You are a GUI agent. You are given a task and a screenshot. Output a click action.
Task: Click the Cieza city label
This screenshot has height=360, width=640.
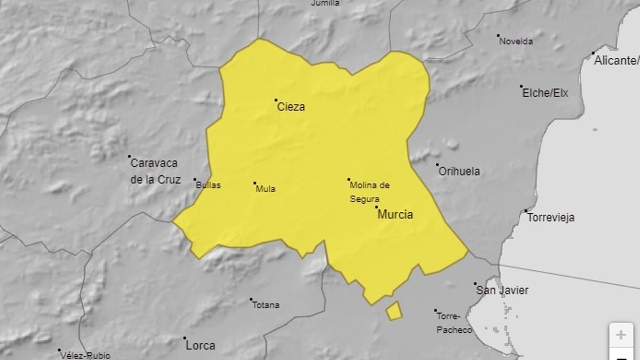click(x=291, y=107)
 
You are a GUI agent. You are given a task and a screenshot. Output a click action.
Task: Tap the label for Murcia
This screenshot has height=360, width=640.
click(x=395, y=214)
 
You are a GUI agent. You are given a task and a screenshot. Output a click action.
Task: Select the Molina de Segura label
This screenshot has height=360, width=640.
click(x=370, y=192)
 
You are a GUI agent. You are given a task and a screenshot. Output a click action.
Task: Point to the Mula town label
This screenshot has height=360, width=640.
click(x=266, y=188)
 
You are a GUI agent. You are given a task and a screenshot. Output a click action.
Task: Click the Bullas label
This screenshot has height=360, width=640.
click(x=209, y=186)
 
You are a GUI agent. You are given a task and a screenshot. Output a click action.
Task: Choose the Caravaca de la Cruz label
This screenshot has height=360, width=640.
click(x=155, y=171)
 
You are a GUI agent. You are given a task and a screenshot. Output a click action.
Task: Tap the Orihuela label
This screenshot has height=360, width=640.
click(x=459, y=171)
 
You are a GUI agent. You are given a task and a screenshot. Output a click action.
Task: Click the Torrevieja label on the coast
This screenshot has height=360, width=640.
click(x=551, y=218)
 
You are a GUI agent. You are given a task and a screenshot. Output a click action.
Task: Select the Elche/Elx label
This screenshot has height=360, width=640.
click(x=545, y=93)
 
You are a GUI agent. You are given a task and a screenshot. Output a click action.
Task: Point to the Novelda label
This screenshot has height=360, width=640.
click(x=516, y=41)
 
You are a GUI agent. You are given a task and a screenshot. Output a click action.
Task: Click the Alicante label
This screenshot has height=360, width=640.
click(x=617, y=60)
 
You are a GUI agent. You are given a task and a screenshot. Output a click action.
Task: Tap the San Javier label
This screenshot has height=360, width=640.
click(x=502, y=290)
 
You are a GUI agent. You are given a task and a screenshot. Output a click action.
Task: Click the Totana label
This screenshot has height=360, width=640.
click(x=266, y=305)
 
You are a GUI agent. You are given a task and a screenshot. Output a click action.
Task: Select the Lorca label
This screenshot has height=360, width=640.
click(x=201, y=346)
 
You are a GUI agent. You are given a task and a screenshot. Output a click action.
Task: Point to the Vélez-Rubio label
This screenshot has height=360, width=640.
click(x=85, y=355)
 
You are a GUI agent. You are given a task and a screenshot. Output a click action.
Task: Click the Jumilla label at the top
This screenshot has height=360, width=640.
click(x=325, y=3)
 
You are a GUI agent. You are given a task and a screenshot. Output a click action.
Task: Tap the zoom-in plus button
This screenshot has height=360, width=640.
click(x=621, y=335)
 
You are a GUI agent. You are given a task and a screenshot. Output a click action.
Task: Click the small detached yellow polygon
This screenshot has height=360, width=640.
click(x=394, y=311)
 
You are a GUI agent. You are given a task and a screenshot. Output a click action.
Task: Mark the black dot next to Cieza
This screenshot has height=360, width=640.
click(x=276, y=100)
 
